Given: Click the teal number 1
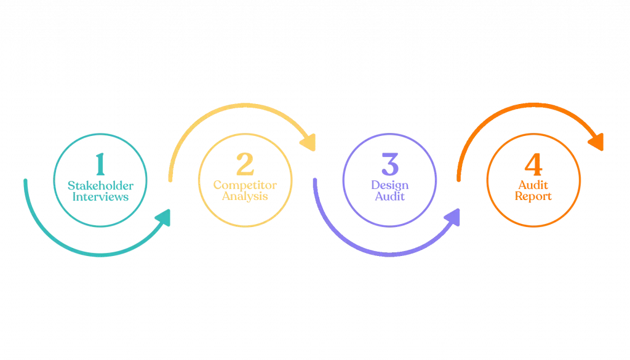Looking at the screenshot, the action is pos(100,164).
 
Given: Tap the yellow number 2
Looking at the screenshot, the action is pos(245,164).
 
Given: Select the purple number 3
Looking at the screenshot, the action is pos(389,164).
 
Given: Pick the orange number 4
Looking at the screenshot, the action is pos(533,164).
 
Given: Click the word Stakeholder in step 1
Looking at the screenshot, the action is pos(100,185).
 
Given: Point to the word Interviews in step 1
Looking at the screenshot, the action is pos(100,198).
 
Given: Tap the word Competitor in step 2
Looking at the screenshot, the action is pos(245,185).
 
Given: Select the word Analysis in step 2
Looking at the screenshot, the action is pos(245,198).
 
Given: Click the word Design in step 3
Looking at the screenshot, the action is pos(389,185).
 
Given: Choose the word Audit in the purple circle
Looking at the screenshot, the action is pos(389,198).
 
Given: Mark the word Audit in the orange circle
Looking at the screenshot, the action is pos(533,185).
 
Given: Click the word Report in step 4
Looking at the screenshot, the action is pos(533,198).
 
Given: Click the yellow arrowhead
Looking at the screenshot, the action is pos(309,144).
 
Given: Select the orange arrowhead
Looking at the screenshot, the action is pos(597,143).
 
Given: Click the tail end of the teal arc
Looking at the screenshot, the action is pos(25,180).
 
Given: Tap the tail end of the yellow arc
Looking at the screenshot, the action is pos(170,179).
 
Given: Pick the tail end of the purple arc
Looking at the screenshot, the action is pos(314,180).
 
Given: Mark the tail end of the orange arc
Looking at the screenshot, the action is pos(459,179).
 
